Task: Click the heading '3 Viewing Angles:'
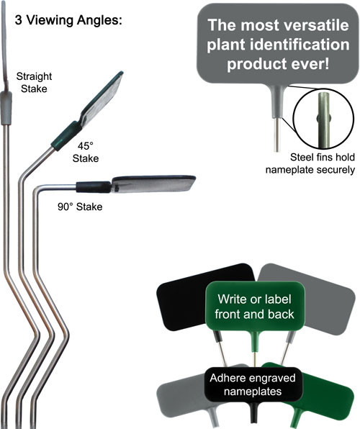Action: tap(68, 20)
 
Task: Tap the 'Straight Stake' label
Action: tap(34, 82)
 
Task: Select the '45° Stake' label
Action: tap(86, 152)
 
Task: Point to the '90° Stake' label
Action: tap(80, 207)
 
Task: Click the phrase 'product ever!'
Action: tap(278, 64)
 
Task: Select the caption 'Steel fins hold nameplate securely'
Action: tap(310, 163)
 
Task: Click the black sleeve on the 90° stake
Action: tap(94, 187)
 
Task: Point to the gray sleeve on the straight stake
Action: tap(6, 108)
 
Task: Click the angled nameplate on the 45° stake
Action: tap(102, 99)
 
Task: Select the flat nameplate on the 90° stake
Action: tap(153, 184)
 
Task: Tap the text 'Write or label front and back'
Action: tap(254, 307)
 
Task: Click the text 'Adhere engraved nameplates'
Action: tap(253, 384)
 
